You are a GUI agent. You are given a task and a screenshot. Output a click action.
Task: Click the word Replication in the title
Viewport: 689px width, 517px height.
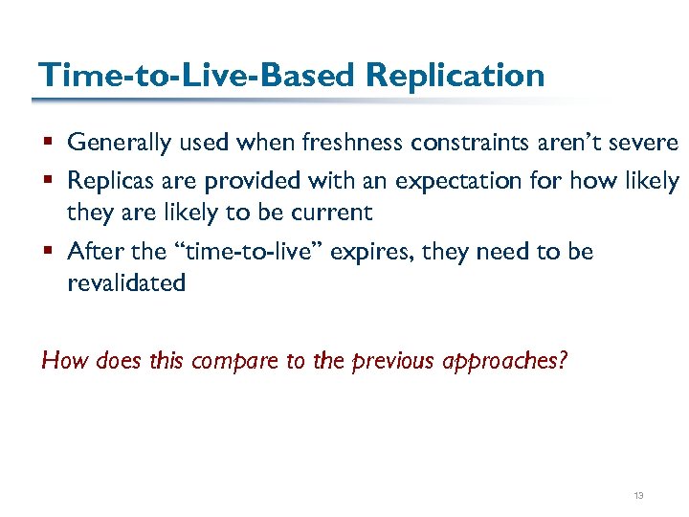click(456, 75)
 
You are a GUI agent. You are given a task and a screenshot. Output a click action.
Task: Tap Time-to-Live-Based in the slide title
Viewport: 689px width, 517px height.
click(195, 75)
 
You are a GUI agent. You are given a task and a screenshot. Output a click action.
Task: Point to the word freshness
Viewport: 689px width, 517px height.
click(352, 144)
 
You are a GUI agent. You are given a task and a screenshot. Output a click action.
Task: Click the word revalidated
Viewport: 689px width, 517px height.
click(126, 282)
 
